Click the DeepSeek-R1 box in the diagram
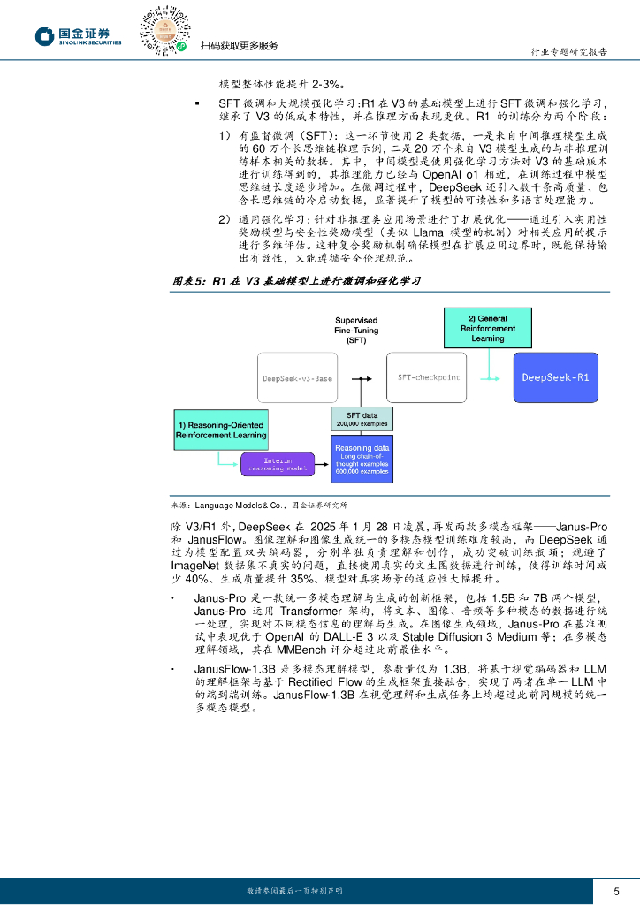click(568, 377)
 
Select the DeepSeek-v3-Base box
click(298, 378)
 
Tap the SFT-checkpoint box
click(429, 377)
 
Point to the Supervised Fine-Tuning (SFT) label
click(356, 329)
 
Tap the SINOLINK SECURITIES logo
click(80, 36)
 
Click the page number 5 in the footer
click(617, 891)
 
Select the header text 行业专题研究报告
click(567, 52)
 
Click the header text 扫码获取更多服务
click(239, 46)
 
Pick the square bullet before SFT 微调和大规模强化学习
click(197, 103)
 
